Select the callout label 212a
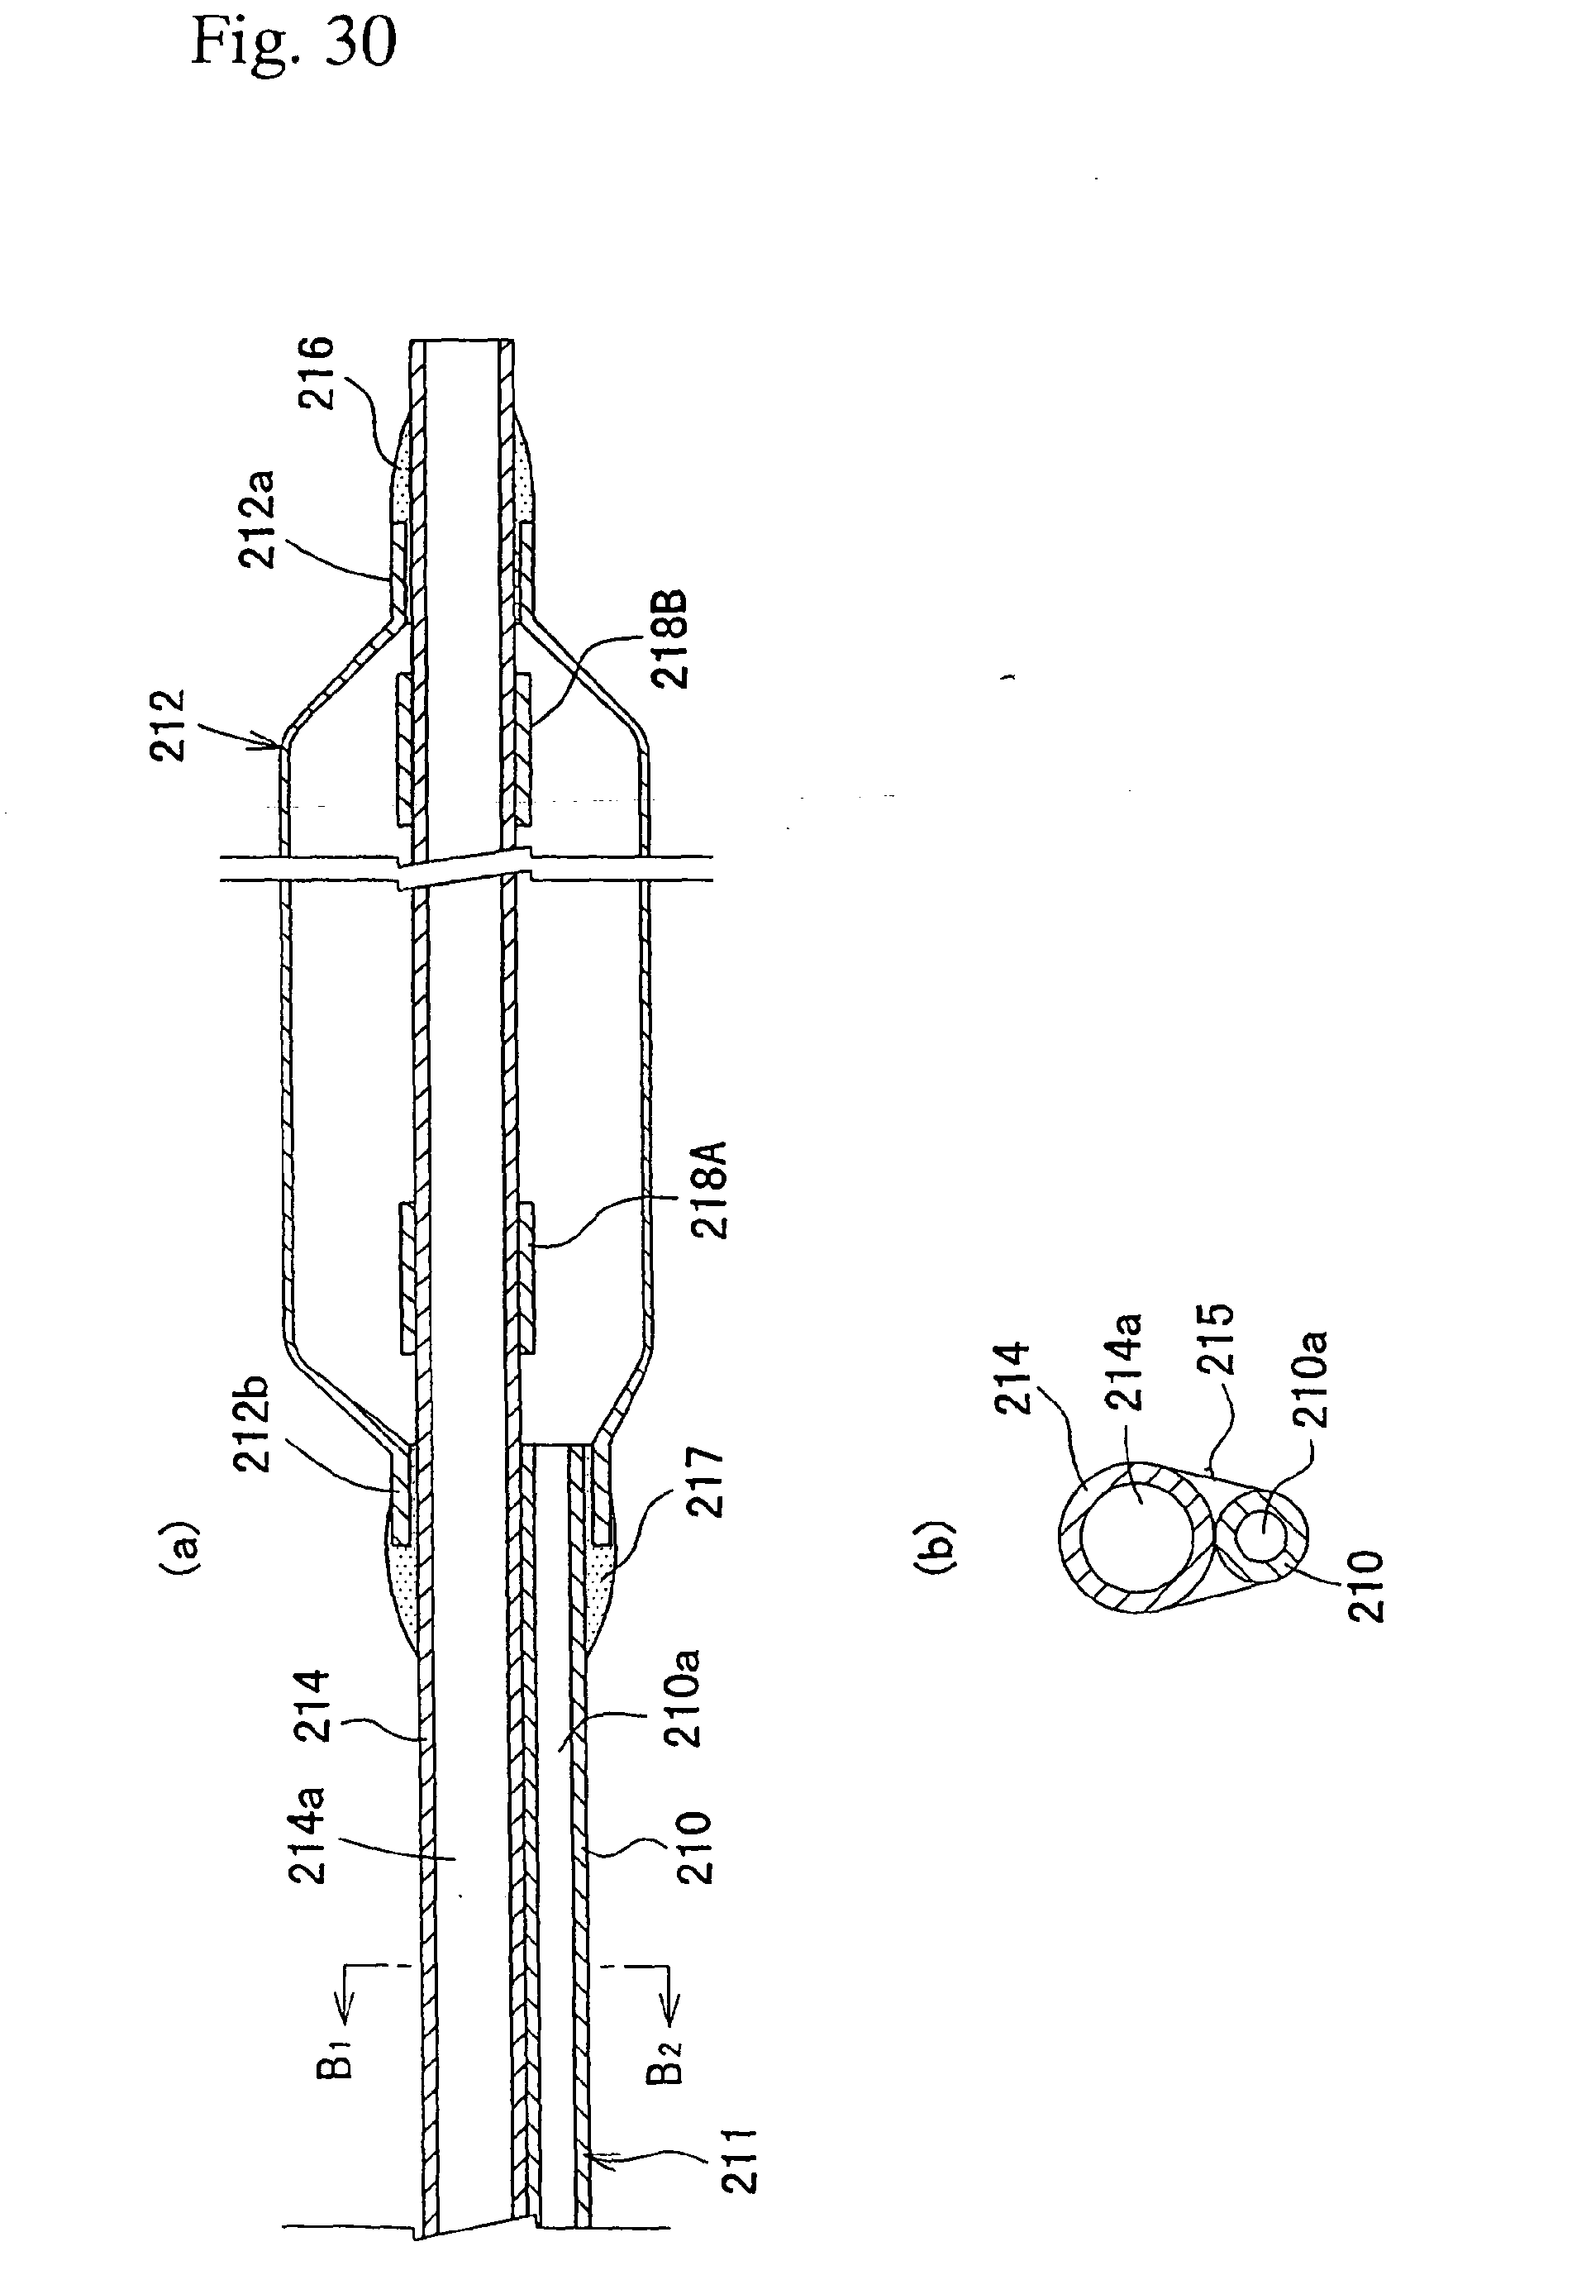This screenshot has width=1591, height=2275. [x=260, y=519]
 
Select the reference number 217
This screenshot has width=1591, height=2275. [x=707, y=1482]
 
